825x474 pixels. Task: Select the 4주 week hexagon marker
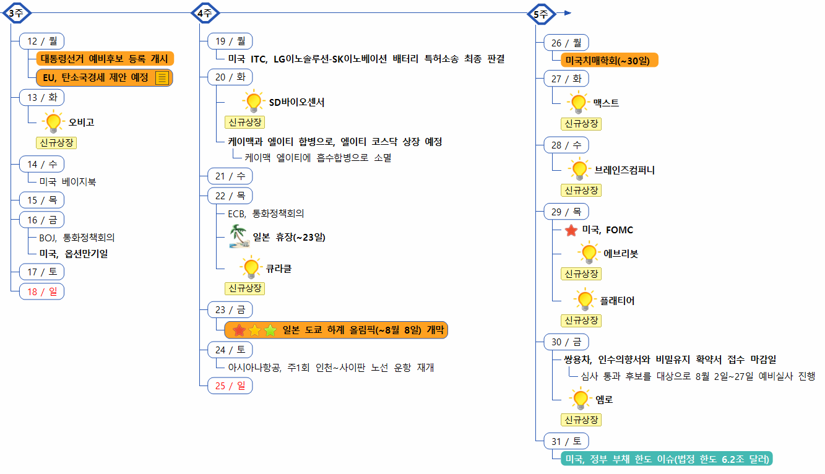click(204, 13)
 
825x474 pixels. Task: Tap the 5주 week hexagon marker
click(540, 13)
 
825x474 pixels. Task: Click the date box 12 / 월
click(42, 41)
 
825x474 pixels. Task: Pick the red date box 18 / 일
click(42, 291)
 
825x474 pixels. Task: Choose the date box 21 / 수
click(230, 176)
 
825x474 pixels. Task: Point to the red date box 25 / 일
click(230, 386)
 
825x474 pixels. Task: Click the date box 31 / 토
click(566, 441)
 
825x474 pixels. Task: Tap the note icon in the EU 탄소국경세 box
click(162, 78)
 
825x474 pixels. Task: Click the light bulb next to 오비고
click(54, 121)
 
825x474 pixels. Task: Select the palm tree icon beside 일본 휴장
click(239, 237)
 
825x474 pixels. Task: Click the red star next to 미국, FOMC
click(571, 230)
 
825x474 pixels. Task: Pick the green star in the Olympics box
click(270, 330)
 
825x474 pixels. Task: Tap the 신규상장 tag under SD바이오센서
click(244, 122)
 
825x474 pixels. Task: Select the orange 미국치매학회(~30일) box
click(610, 60)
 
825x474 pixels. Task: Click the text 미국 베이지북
click(67, 182)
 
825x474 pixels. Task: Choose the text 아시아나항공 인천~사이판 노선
click(331, 368)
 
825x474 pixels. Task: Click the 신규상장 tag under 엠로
click(581, 420)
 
